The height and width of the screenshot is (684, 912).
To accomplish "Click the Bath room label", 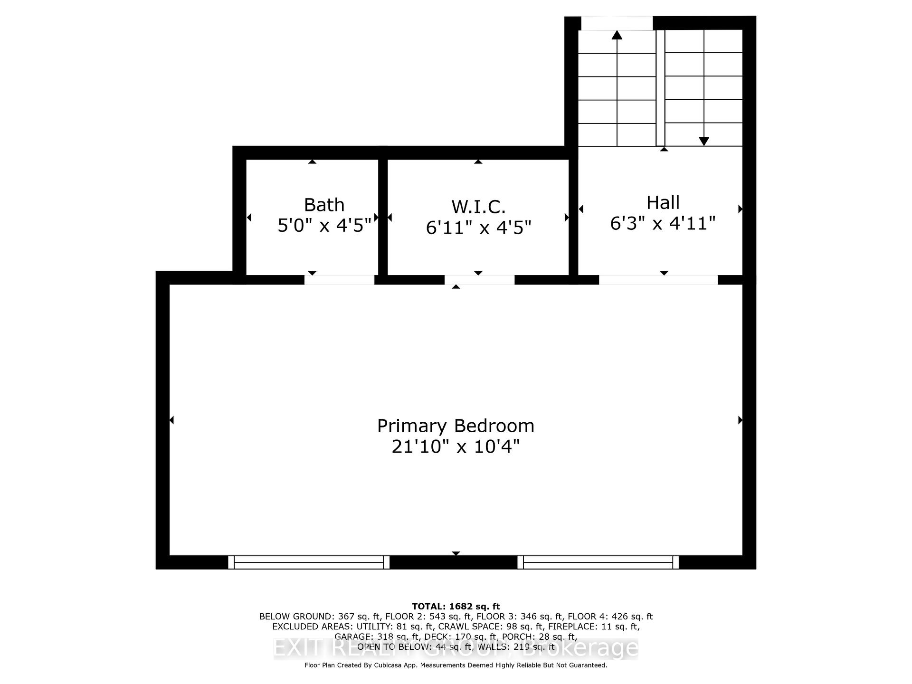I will coord(324,205).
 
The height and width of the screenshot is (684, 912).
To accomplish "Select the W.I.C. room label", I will coord(478,207).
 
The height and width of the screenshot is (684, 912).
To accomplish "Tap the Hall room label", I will coord(663,202).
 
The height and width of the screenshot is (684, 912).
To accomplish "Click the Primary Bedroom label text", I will coord(456,426).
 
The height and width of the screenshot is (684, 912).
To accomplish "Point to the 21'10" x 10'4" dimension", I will coord(456,446).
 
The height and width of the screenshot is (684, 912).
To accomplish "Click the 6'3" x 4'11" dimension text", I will coord(663,223).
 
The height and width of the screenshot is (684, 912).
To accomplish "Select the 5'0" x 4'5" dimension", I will coord(324,225).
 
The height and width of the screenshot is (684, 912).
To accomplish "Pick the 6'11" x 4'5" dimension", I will coord(478,228).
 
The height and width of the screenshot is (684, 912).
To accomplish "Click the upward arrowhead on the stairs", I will coord(617,35).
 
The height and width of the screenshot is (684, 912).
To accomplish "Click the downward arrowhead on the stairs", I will coord(704,141).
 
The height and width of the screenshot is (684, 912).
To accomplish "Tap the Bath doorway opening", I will coord(339,280).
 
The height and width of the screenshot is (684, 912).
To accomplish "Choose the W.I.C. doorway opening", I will coord(479,280).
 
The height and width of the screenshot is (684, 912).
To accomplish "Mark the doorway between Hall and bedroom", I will coord(658,280).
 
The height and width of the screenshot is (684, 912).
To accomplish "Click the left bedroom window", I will coord(309,562).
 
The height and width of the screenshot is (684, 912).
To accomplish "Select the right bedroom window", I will coord(598,562).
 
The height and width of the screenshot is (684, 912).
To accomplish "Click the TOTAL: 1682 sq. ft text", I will coord(456,606).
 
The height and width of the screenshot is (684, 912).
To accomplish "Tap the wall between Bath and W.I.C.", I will coord(383,217).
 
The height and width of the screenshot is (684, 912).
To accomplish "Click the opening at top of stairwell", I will coord(617,23).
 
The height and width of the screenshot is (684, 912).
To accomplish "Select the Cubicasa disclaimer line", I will coord(456,665).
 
